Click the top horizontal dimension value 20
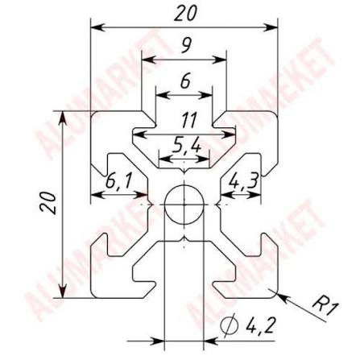pos(185,14)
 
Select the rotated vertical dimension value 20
pos(48,203)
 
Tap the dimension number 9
pos(186,45)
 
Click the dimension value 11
pos(188,120)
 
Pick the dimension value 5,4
pos(186,145)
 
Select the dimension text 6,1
pos(118,180)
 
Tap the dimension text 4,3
pos(244,180)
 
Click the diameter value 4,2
pos(260,325)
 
